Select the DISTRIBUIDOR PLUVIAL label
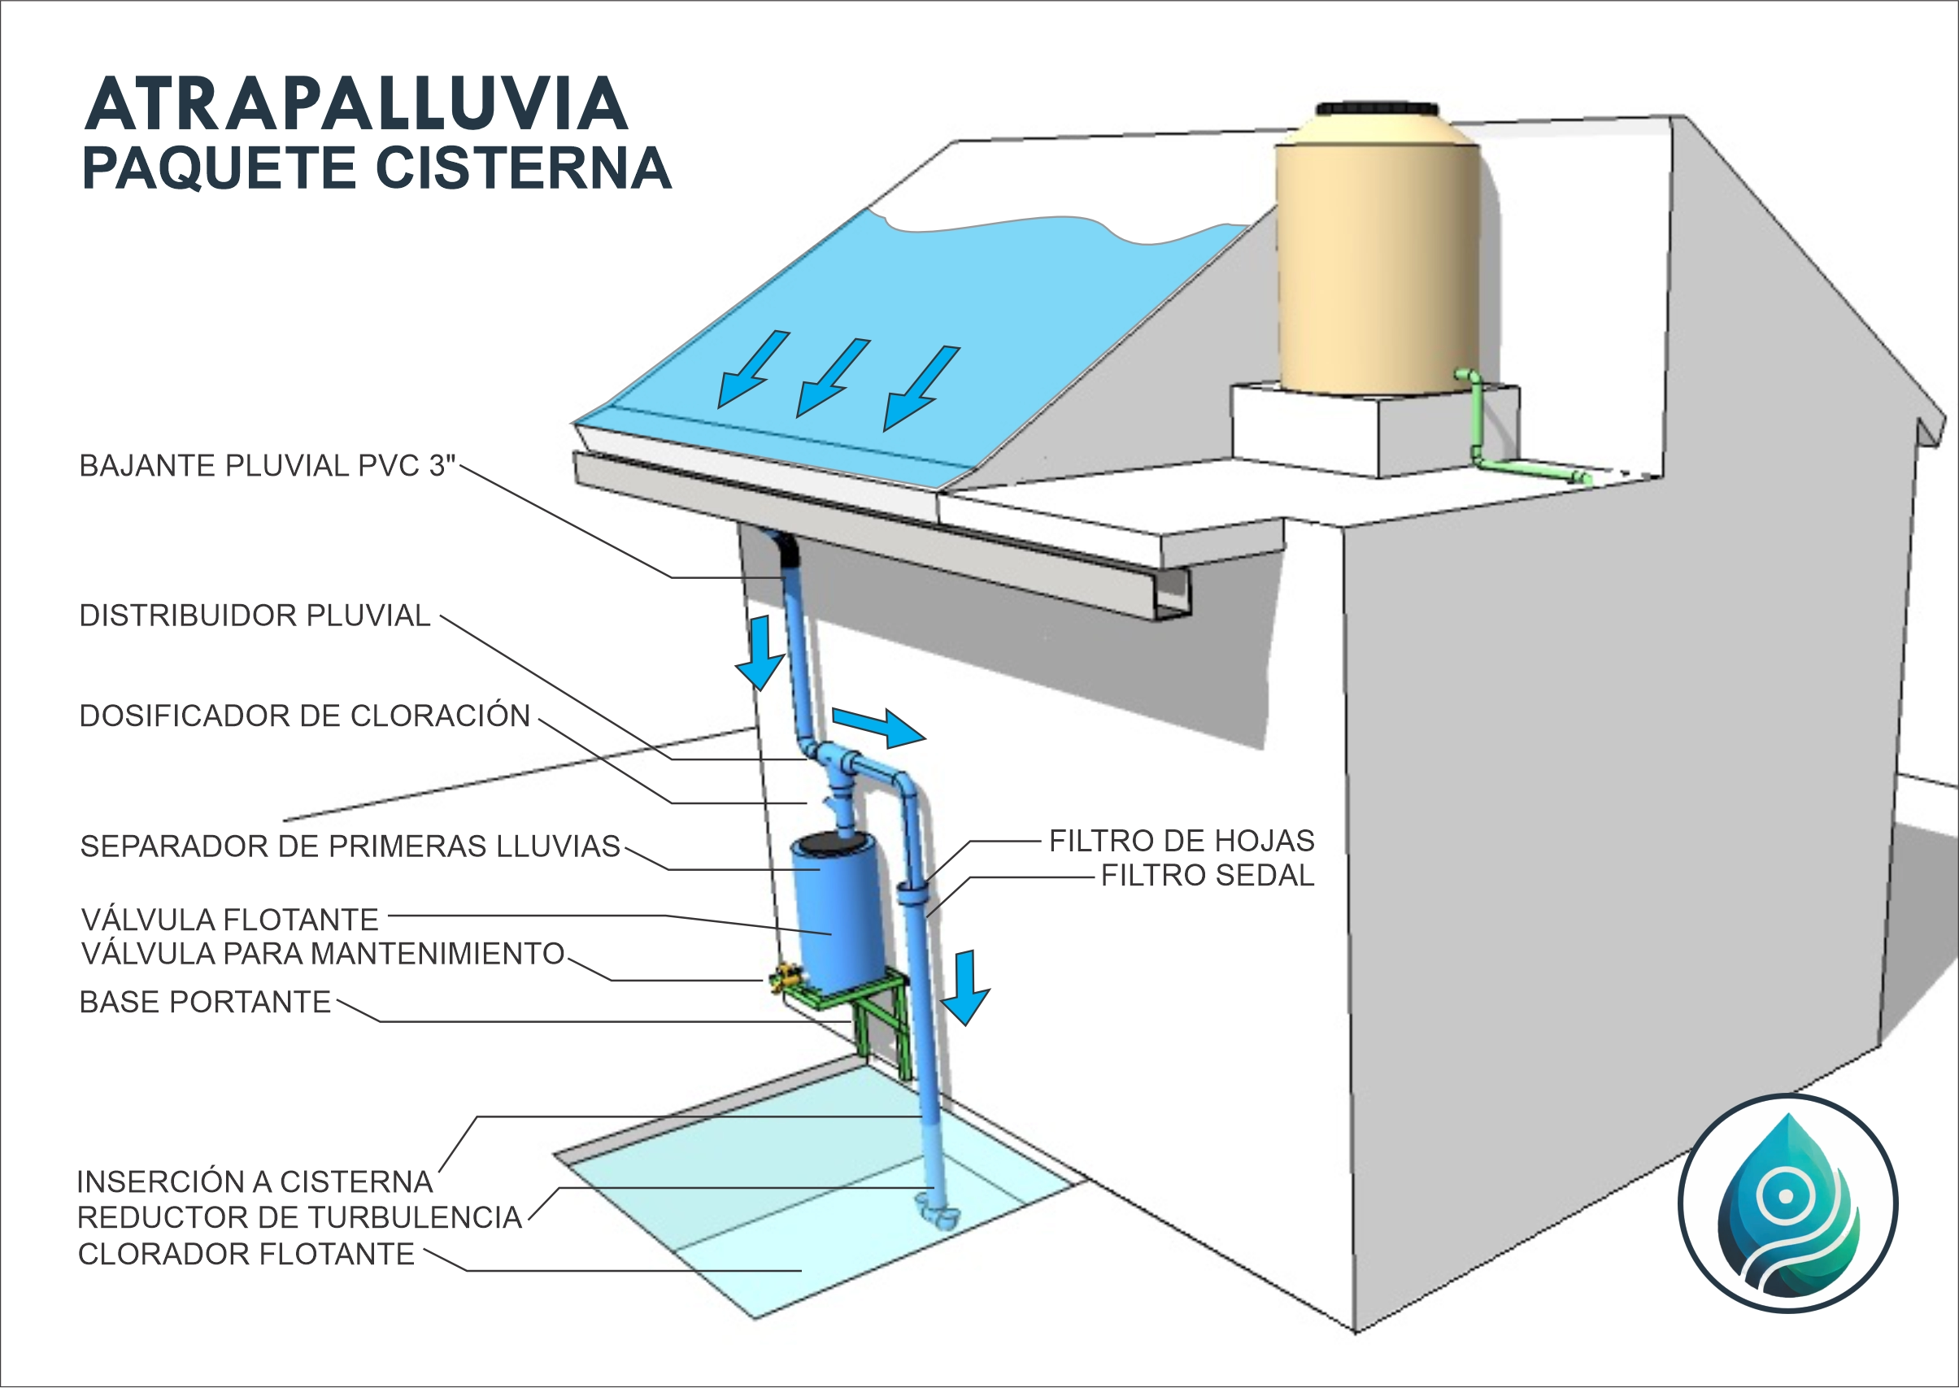point(255,616)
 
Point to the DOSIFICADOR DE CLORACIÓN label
point(305,716)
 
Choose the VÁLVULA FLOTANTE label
point(230,920)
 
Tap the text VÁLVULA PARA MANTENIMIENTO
point(323,953)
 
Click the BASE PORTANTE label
point(205,1002)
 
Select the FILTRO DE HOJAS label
point(1182,841)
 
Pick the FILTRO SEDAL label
point(1207,875)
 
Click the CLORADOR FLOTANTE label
point(246,1254)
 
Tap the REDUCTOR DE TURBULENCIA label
point(300,1217)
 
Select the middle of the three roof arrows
point(830,378)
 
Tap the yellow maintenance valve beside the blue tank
point(786,977)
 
